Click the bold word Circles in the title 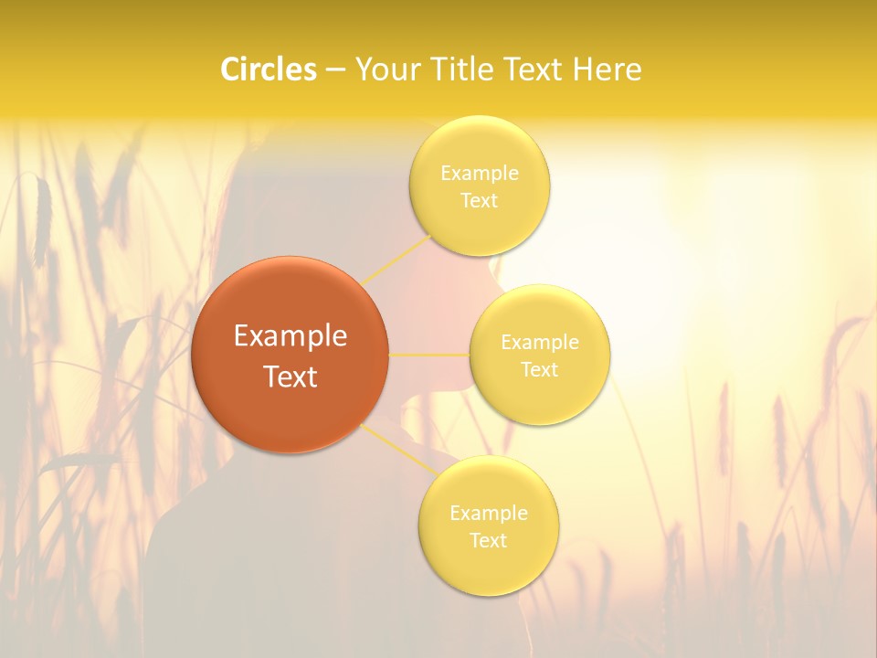[x=268, y=69]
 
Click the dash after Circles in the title [x=334, y=70]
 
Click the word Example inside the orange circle [x=290, y=336]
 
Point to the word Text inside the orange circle [x=290, y=377]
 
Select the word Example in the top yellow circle [x=479, y=174]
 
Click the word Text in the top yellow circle [x=479, y=201]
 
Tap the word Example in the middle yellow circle [x=540, y=343]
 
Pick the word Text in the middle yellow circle [x=540, y=370]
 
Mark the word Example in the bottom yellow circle [x=489, y=514]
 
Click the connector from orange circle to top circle [x=397, y=260]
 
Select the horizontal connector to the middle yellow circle [x=429, y=355]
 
